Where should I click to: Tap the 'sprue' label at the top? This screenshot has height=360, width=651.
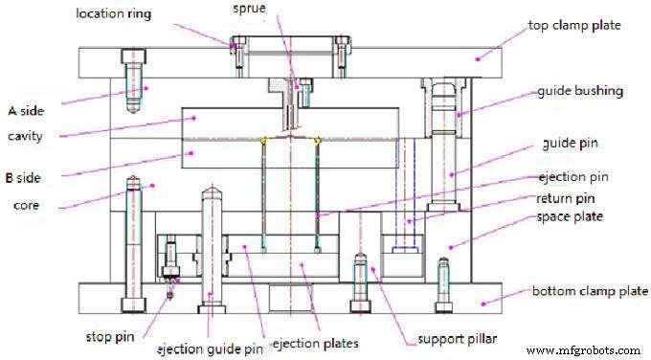coord(254,9)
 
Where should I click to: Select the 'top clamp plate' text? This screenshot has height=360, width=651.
coord(574,24)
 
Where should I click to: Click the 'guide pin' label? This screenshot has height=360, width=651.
coord(571,144)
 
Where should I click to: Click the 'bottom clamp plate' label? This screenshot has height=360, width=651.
coord(581,290)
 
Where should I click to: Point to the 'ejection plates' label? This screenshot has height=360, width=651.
coord(315,343)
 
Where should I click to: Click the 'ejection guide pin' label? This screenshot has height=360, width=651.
coord(210,349)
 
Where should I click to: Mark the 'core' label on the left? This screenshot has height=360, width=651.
coord(29,205)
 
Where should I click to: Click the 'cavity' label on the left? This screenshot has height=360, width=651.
coord(25,136)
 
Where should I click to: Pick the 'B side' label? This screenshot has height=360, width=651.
coord(27,177)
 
